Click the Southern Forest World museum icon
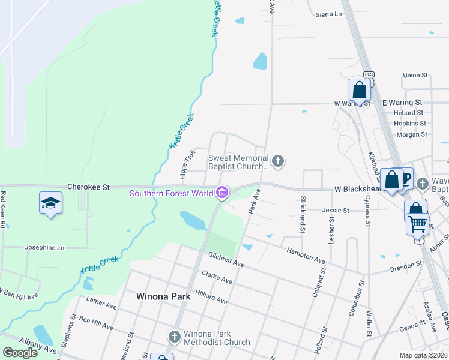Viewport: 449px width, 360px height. coord(223,193)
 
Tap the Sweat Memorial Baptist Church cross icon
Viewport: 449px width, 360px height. coord(277,160)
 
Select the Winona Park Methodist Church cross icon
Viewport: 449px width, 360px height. coord(175,336)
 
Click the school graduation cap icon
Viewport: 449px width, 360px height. coord(51,202)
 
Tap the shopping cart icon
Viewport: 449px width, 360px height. coord(418,224)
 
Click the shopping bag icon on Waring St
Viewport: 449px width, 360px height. coord(359,91)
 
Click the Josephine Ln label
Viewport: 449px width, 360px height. coord(44,247)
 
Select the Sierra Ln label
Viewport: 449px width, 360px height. coord(329,13)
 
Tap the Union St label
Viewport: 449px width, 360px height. coord(415,76)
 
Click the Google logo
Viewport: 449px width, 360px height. coord(20,353)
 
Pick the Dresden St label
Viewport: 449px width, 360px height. coord(406,266)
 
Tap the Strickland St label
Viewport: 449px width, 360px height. coord(303,215)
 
